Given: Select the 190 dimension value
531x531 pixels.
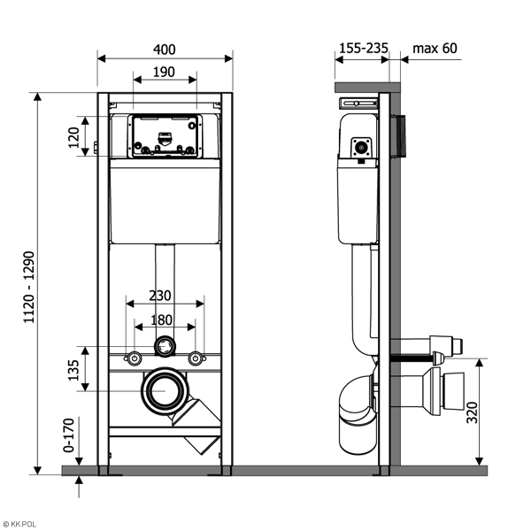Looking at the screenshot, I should pyautogui.click(x=164, y=71).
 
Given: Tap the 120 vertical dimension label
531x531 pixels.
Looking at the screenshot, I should pyautogui.click(x=74, y=135).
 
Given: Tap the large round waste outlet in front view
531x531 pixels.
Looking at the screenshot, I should pyautogui.click(x=164, y=390).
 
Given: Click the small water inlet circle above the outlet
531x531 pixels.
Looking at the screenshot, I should pyautogui.click(x=164, y=346).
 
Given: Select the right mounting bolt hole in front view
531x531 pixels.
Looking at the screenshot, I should pyautogui.click(x=196, y=358).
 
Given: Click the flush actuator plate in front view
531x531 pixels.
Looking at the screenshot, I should pyautogui.click(x=165, y=137).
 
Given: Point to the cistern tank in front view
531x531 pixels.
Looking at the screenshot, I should pyautogui.click(x=165, y=204).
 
